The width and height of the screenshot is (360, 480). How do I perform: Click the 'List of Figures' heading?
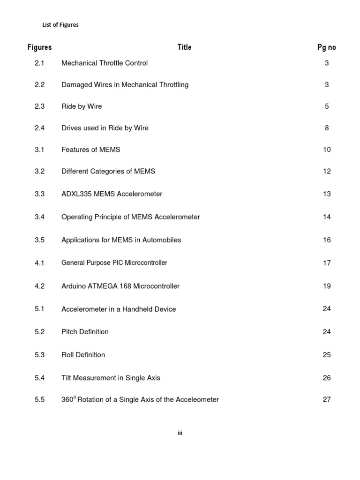click(60, 25)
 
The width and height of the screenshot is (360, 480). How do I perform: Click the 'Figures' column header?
click(39, 47)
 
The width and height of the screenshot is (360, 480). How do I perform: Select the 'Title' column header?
click(184, 47)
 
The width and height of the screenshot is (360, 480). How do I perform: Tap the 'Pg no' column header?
click(327, 47)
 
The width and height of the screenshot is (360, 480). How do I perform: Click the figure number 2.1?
click(39, 63)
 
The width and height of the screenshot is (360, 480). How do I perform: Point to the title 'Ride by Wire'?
click(82, 106)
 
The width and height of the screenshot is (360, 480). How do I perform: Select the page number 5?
click(327, 106)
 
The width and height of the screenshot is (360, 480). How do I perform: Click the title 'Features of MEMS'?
click(91, 150)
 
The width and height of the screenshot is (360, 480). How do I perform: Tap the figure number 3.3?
click(39, 194)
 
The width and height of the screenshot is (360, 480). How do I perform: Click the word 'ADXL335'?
click(76, 194)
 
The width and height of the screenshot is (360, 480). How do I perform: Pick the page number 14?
click(327, 217)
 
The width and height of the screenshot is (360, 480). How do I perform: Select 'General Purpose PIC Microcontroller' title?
click(114, 263)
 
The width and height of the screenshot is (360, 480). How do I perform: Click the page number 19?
click(327, 286)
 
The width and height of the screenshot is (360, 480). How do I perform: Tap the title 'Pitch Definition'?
click(85, 332)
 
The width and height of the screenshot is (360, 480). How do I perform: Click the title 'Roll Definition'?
click(83, 355)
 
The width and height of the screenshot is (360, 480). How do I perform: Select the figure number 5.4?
click(39, 378)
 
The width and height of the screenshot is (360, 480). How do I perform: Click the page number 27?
click(327, 400)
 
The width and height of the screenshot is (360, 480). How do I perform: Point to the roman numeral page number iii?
click(180, 433)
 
